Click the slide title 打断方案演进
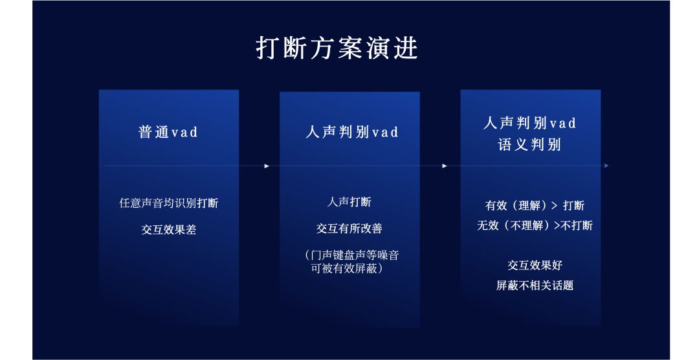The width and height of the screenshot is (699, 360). [x=337, y=49]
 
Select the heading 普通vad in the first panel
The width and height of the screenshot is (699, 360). [x=168, y=132]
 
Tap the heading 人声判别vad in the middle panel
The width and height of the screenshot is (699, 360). [x=352, y=132]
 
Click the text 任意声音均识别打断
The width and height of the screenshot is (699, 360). [x=169, y=203]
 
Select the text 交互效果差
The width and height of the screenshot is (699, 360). [x=169, y=229]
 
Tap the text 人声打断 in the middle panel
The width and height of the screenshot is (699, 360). [x=349, y=201]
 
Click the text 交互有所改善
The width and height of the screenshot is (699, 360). [x=349, y=228]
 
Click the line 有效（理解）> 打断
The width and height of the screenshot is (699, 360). [x=535, y=205]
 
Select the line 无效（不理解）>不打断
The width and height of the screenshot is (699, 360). [x=535, y=225]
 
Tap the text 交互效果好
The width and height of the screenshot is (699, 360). [x=535, y=265]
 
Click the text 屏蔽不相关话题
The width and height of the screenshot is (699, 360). [x=535, y=285]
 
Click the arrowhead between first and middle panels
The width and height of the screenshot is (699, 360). [x=267, y=166]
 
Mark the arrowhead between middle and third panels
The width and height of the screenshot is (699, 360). [x=445, y=166]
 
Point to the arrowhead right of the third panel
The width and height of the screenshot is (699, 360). [x=606, y=166]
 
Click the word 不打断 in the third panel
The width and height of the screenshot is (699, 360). [x=577, y=225]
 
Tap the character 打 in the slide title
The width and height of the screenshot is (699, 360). [x=269, y=49]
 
